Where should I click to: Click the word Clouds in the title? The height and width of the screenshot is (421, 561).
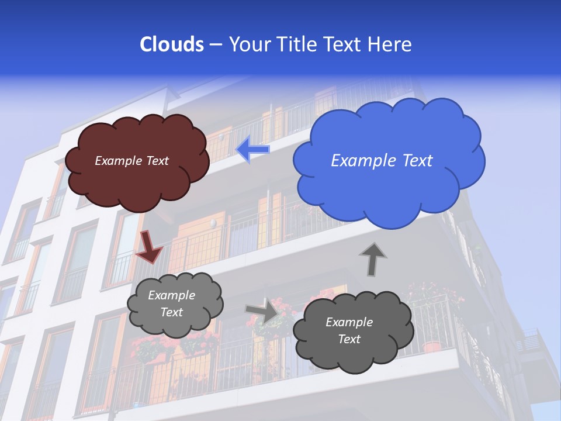(171, 44)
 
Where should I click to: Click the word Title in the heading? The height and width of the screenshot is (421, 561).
(296, 44)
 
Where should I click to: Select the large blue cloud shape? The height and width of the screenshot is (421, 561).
(389, 187)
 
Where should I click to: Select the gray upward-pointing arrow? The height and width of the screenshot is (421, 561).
(372, 259)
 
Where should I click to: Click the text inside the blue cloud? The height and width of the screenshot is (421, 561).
(382, 161)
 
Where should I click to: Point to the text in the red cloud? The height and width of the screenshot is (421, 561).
(131, 161)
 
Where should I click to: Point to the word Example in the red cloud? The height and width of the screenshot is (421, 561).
(118, 161)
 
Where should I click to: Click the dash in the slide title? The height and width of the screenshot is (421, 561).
(215, 45)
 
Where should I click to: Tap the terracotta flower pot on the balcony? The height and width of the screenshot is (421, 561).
(432, 346)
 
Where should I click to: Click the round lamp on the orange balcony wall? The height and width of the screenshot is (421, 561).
(214, 223)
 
